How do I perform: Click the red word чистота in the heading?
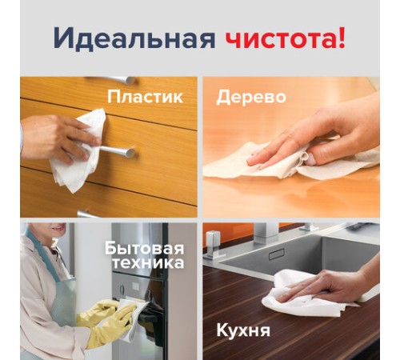275,38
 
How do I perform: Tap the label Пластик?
145,98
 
